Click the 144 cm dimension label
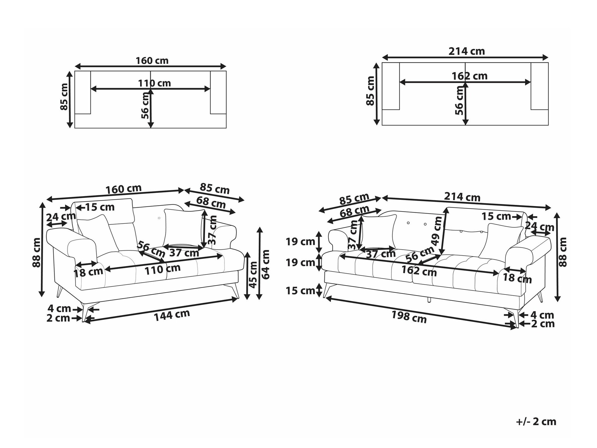pos(172,315)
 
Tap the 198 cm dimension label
pos(409,317)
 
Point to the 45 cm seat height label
pos(253,274)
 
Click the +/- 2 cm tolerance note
pos(536,422)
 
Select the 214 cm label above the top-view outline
pos(467,51)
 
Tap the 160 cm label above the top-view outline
pos(152,61)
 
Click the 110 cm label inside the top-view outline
pos(154,83)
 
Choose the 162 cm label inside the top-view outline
pos(470,76)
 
